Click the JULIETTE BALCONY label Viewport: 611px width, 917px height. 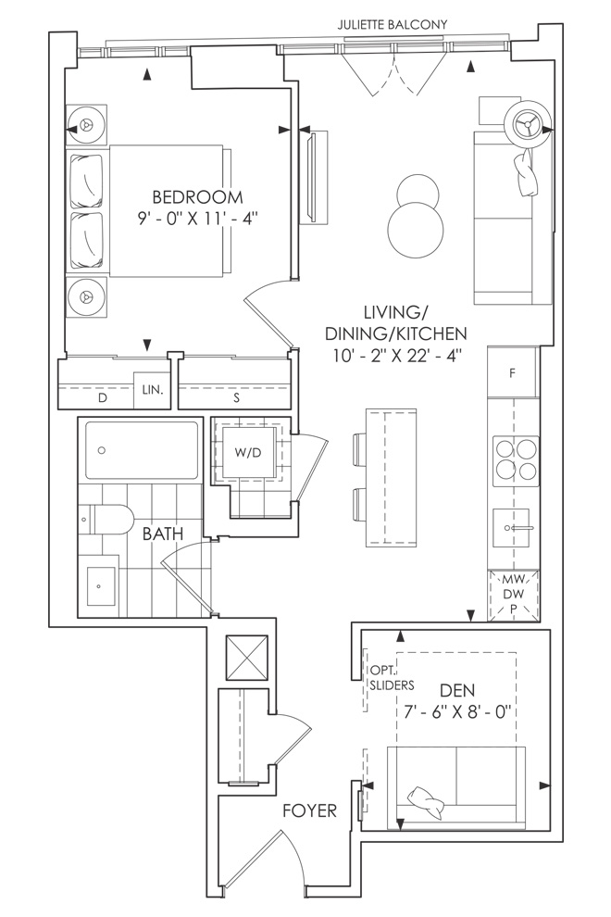(393, 25)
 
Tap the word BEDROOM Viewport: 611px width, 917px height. (197, 196)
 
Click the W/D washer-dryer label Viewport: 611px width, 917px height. (248, 453)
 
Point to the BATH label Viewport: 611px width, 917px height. (163, 534)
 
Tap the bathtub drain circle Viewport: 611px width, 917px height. (103, 450)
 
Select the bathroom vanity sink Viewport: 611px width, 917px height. (103, 585)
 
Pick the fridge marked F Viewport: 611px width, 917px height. (512, 373)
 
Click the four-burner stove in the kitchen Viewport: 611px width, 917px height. (516, 459)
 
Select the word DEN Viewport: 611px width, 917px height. (457, 691)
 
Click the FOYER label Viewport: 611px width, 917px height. (310, 810)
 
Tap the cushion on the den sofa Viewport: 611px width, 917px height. (428, 802)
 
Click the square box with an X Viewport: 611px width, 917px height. (246, 657)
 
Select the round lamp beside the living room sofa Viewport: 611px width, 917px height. (528, 124)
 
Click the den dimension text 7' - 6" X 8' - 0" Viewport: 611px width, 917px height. (457, 711)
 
